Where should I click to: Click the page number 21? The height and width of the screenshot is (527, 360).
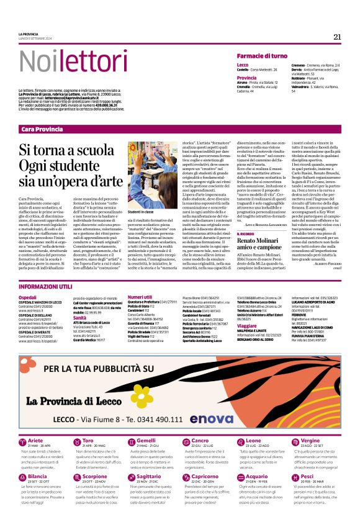pyautogui.click(x=337, y=37)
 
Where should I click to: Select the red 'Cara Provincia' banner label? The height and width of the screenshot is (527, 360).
pyautogui.click(x=42, y=128)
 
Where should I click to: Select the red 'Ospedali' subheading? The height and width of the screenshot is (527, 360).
pyautogui.click(x=28, y=298)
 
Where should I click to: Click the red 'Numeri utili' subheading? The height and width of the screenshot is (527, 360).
pyautogui.click(x=140, y=297)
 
